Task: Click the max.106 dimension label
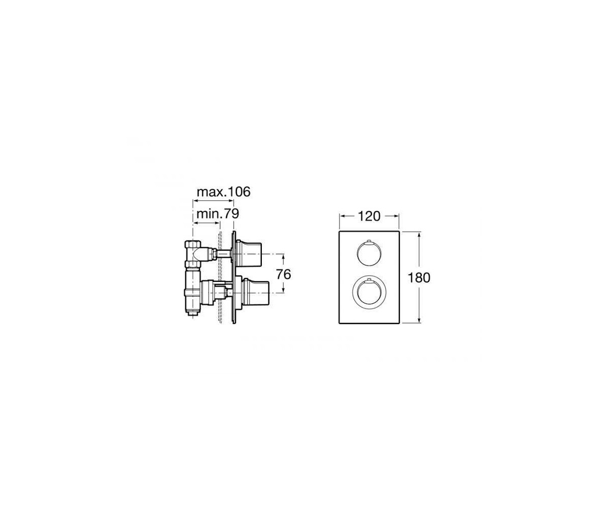tap(224, 192)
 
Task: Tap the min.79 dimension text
tap(218, 214)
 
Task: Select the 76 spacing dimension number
tap(284, 274)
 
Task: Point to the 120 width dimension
tap(369, 216)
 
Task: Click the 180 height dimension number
tap(419, 278)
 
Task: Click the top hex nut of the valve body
tap(193, 244)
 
